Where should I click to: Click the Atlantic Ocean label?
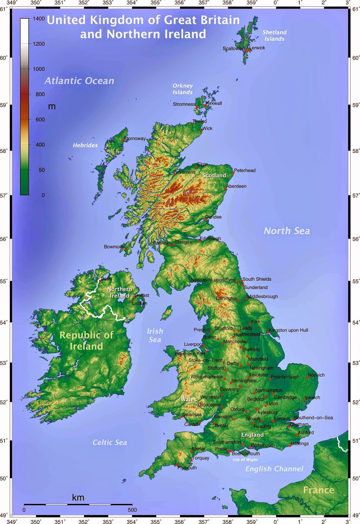(x=79, y=81)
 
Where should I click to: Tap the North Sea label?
(x=287, y=231)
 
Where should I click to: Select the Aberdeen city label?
(x=237, y=186)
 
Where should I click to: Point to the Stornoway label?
(x=135, y=139)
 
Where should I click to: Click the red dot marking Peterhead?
(x=233, y=172)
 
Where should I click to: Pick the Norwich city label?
(x=316, y=375)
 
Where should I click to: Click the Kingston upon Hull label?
(x=288, y=330)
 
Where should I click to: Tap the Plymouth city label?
(x=187, y=468)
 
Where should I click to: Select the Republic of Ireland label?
(x=86, y=341)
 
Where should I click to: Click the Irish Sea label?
(x=155, y=335)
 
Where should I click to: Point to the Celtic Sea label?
(x=110, y=442)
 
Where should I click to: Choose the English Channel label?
(x=274, y=469)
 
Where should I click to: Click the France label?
(x=318, y=490)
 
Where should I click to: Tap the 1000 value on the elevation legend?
(x=39, y=69)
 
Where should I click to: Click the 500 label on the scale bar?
(x=132, y=510)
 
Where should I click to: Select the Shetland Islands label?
(x=275, y=35)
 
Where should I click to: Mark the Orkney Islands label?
(x=183, y=89)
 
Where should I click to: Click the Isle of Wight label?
(x=245, y=460)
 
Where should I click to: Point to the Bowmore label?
(x=114, y=247)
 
